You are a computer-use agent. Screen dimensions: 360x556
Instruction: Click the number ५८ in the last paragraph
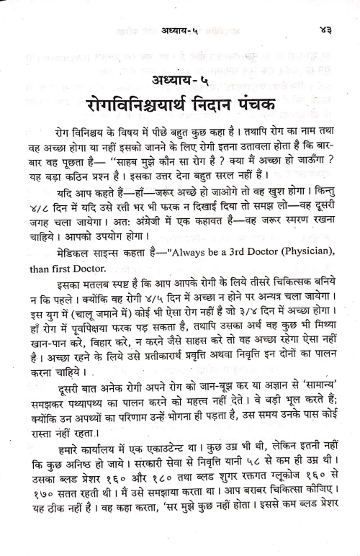[258, 496]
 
